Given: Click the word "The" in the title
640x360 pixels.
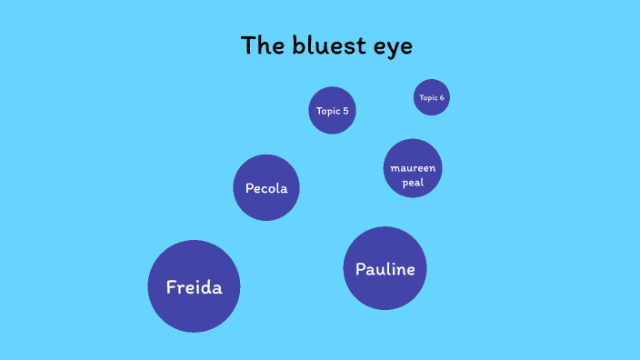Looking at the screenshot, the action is tap(260, 45).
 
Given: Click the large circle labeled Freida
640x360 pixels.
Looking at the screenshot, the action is tap(194, 286).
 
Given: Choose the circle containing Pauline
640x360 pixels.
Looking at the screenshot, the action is tap(385, 268).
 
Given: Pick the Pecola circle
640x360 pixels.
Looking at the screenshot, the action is tap(266, 188).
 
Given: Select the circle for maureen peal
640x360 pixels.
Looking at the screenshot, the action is tap(413, 168).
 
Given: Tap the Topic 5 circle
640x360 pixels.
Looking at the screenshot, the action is tap(332, 111).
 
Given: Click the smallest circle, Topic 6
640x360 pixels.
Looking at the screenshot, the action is tap(431, 97).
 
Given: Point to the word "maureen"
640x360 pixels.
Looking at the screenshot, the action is tap(413, 169).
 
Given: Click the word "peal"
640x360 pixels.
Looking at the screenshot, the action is tap(413, 182).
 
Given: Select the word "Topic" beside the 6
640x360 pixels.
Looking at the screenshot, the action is tap(427, 97).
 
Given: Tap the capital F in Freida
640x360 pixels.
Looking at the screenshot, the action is tap(171, 287).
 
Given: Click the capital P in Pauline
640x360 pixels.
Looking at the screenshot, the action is tap(360, 269).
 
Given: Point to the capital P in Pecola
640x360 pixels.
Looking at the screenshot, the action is tap(249, 189).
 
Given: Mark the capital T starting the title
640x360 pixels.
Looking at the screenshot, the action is tap(247, 45).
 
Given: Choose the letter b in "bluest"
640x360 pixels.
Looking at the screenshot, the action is tap(294, 45).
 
